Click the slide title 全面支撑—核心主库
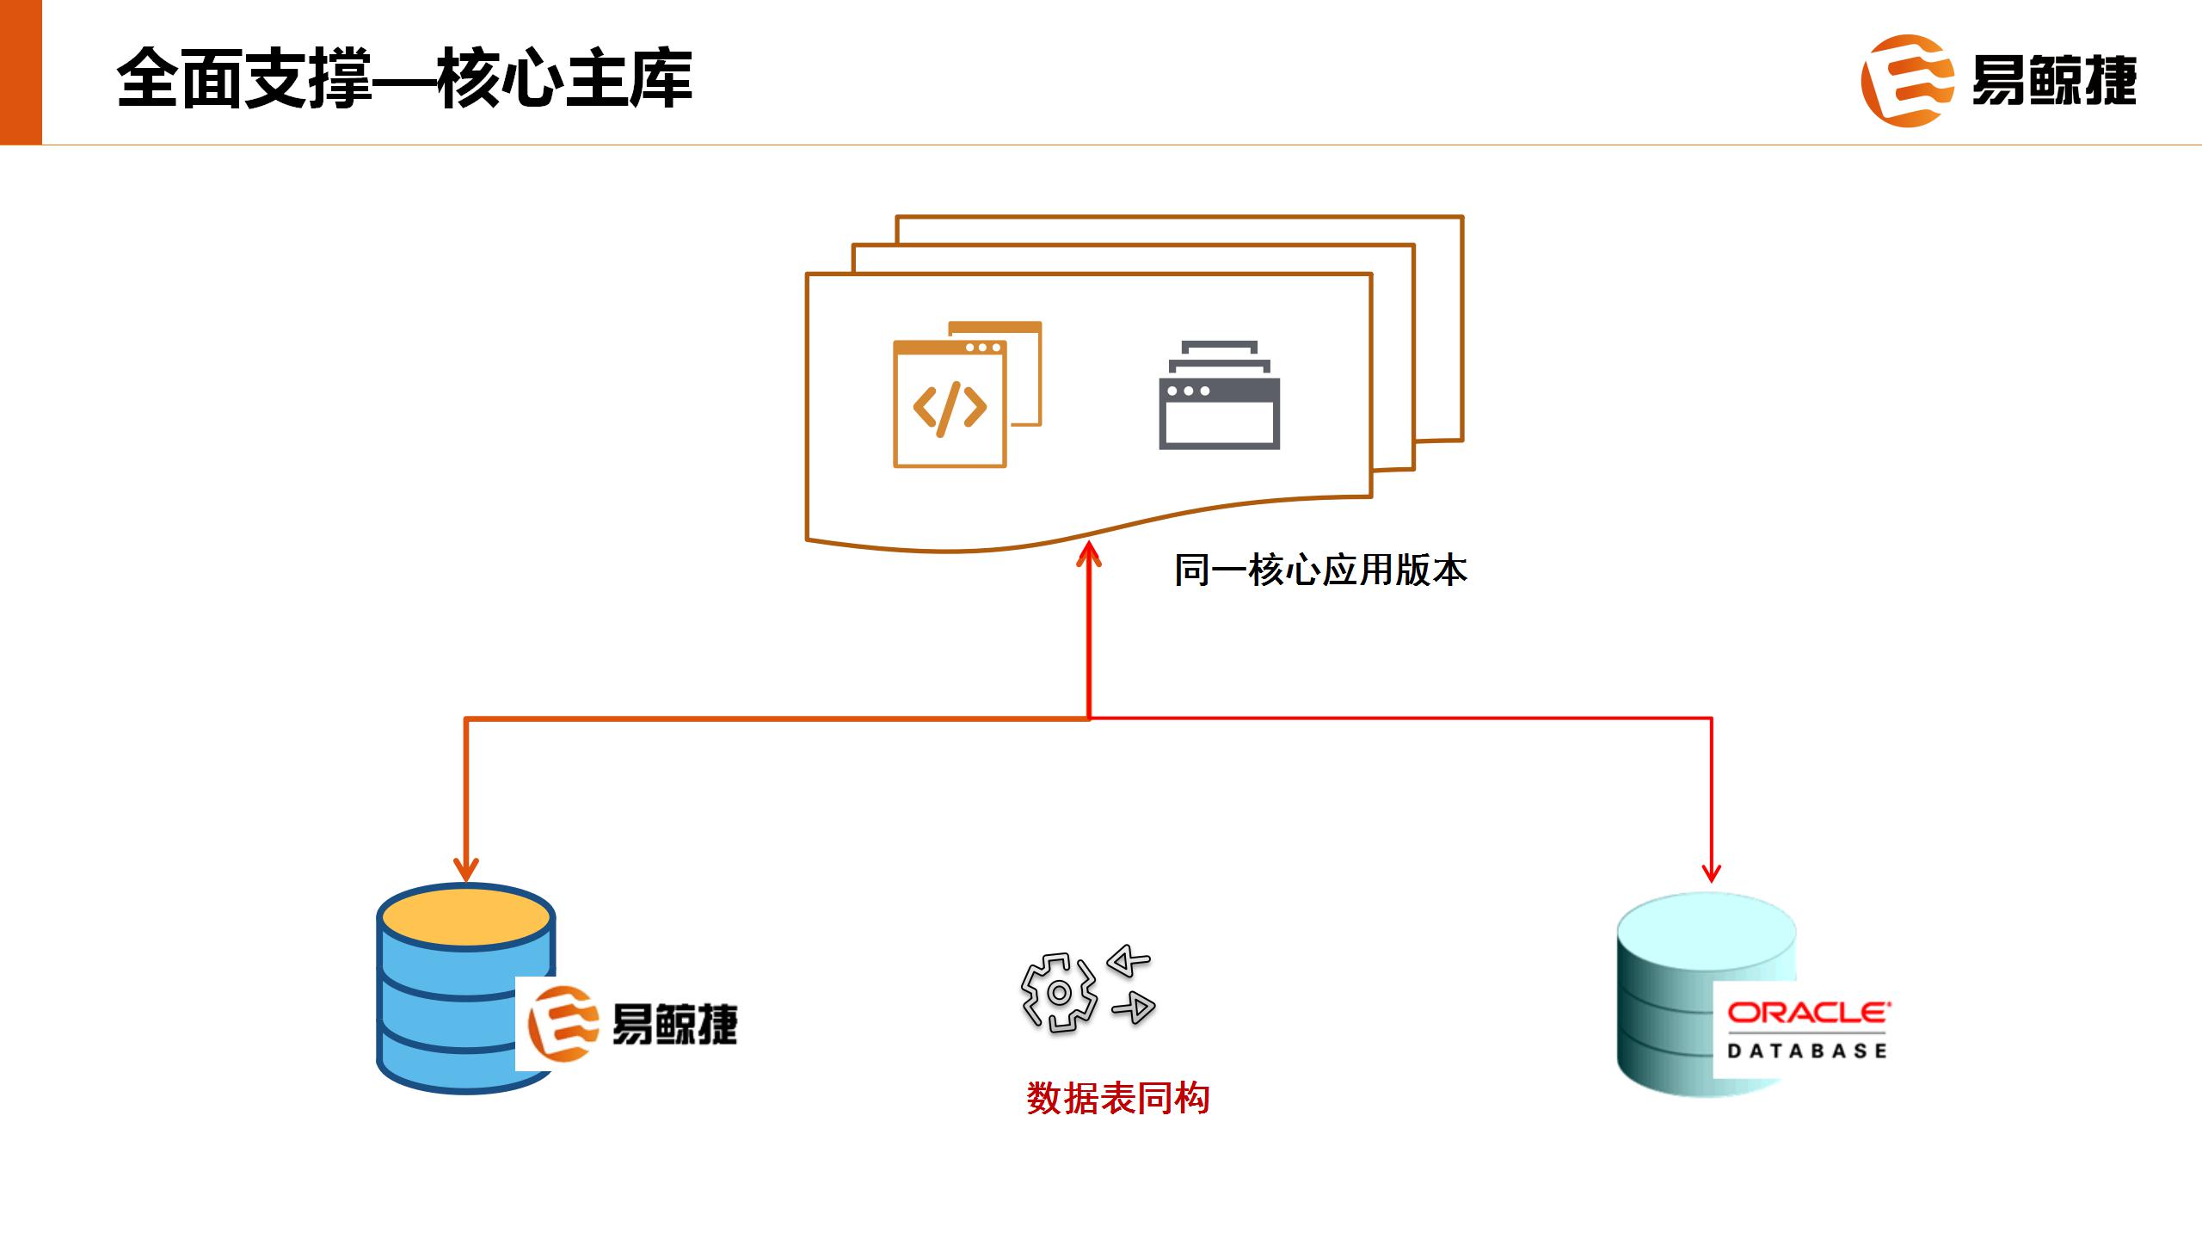coord(404,79)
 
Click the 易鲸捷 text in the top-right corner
coord(2053,81)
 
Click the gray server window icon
coord(1219,396)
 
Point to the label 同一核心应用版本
coord(1320,570)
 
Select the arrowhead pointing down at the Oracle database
coord(1711,872)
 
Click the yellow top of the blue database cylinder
coord(466,917)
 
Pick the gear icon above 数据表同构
coord(1059,993)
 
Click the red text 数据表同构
coord(1117,1099)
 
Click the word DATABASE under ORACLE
coord(1807,1051)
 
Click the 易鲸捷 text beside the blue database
coord(674,1024)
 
